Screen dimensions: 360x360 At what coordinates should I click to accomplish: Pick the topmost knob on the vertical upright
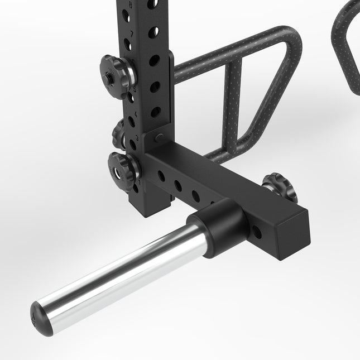point(116,74)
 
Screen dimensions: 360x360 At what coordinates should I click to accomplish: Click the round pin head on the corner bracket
point(159,136)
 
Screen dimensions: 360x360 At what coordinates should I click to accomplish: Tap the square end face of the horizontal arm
point(294,224)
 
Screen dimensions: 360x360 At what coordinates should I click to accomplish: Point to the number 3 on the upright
point(137,136)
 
